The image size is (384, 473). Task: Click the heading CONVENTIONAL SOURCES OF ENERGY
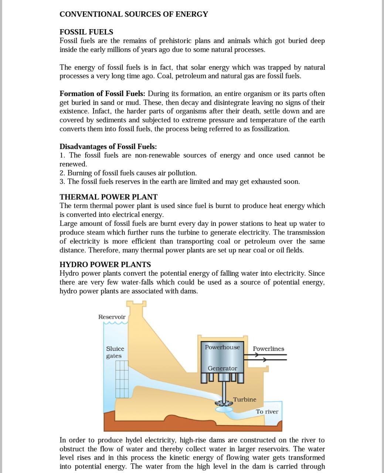[133, 14]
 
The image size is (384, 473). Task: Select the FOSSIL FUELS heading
[86, 32]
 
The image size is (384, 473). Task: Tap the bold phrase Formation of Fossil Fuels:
[103, 93]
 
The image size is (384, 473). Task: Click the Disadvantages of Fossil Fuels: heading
[108, 146]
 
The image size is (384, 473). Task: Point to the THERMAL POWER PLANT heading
[108, 197]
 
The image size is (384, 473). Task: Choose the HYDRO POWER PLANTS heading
[105, 265]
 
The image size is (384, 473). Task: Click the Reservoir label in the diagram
[112, 317]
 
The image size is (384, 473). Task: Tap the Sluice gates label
[115, 352]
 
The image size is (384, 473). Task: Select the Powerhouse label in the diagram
[222, 347]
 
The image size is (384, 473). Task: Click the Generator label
[222, 368]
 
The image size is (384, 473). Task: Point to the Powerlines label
[268, 349]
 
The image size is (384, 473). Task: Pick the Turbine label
[244, 399]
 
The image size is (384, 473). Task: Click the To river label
[267, 412]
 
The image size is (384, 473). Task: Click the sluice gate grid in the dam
[122, 379]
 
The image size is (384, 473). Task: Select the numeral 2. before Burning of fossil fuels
[62, 173]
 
